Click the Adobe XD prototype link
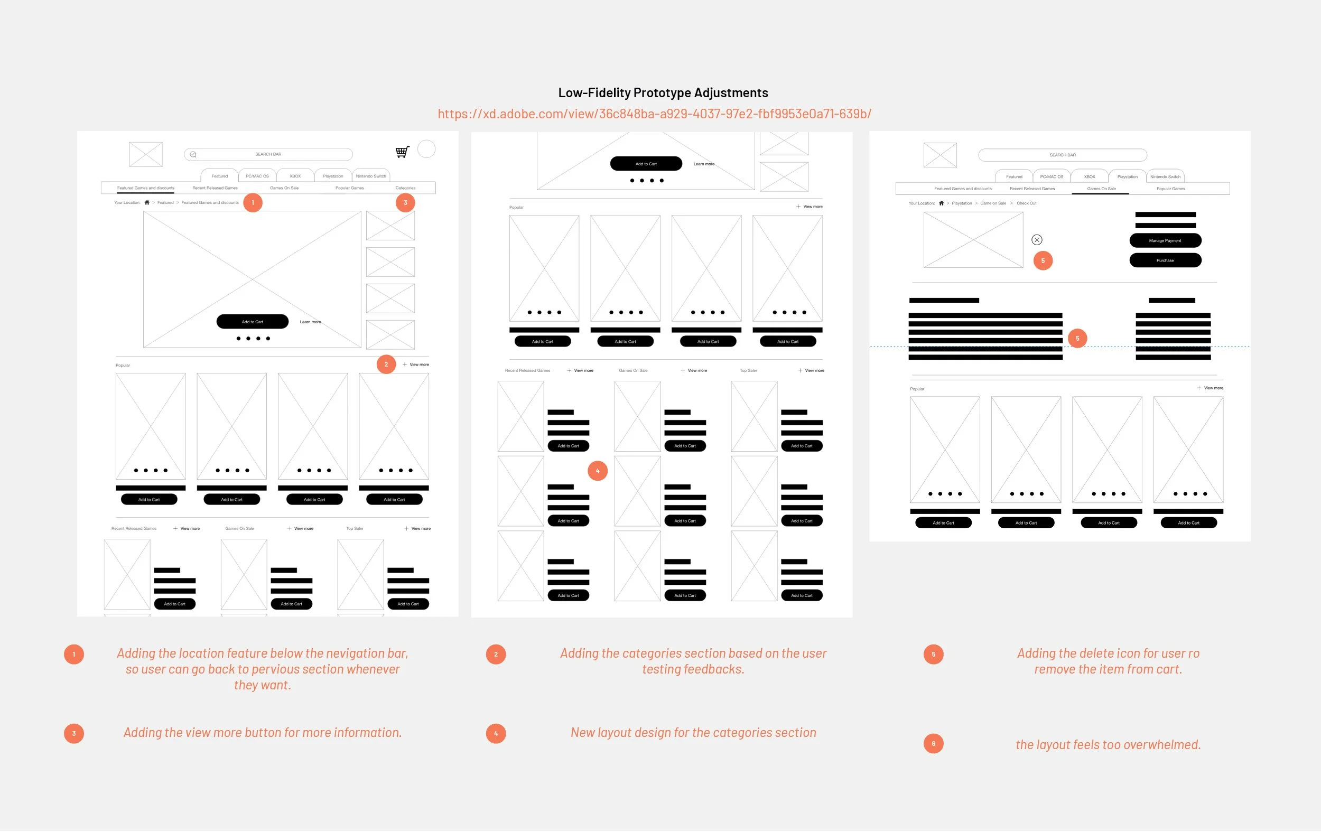[x=654, y=114]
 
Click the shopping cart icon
[x=402, y=152]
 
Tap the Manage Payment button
[x=1165, y=240]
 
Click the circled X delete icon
[x=1036, y=240]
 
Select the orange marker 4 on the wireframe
[x=598, y=471]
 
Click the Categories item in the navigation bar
[x=405, y=188]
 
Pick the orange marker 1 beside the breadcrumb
[x=253, y=202]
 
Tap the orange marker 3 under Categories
[x=405, y=202]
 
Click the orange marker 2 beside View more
[x=386, y=364]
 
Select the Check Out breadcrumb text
[x=1026, y=203]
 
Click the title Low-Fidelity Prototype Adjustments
[x=663, y=92]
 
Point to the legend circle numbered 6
[x=933, y=744]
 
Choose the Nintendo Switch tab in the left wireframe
[x=371, y=176]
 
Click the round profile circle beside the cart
[x=426, y=148]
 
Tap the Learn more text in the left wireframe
[x=310, y=322]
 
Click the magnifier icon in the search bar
[x=193, y=154]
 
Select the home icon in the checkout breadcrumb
[x=942, y=203]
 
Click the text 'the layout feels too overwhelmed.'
[x=1108, y=744]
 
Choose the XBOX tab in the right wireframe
[x=1090, y=176]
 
